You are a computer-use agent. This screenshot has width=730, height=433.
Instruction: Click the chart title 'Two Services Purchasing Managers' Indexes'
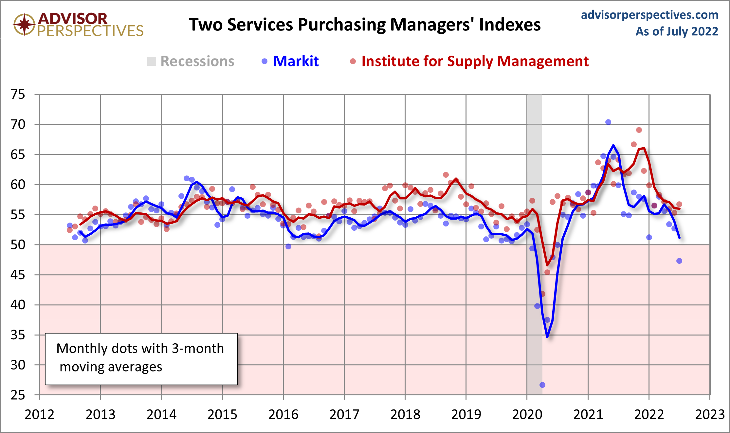(365, 25)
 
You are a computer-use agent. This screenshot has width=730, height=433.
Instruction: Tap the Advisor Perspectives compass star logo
(24, 25)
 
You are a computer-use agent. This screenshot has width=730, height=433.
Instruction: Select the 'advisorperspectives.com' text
(649, 15)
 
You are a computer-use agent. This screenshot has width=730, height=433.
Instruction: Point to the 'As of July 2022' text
(677, 31)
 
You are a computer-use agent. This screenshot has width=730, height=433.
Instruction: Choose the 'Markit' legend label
(296, 61)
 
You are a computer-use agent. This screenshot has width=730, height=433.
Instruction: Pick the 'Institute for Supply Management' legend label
(475, 61)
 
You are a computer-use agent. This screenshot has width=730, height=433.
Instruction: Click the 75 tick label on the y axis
(18, 95)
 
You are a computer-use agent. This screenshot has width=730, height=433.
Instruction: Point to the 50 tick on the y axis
(18, 245)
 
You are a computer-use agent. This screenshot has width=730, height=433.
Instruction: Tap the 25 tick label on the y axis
(18, 395)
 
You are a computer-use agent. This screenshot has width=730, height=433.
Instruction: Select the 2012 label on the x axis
(40, 415)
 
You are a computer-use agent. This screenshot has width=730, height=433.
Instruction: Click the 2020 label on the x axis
(527, 415)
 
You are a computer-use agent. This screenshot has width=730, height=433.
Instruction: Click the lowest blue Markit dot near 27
(542, 385)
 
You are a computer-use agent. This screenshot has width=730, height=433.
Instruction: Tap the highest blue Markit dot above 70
(608, 122)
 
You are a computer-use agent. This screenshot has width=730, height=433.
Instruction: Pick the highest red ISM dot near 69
(639, 130)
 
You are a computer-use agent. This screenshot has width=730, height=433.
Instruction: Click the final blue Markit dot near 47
(679, 261)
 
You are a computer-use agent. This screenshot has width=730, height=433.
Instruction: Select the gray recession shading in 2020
(534, 164)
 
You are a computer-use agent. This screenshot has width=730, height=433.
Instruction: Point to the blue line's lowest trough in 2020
(547, 336)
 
